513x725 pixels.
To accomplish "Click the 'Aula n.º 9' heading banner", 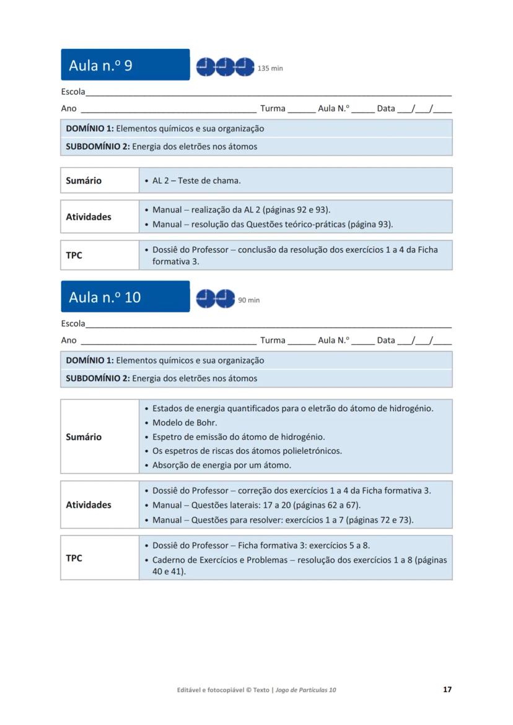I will (x=125, y=65).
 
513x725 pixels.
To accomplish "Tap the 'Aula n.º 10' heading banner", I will (x=125, y=297).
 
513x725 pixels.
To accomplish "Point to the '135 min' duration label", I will (x=270, y=68).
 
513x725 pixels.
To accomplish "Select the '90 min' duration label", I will (x=249, y=300).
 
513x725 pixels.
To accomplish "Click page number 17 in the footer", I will (x=447, y=689).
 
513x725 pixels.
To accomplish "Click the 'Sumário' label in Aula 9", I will (x=84, y=181).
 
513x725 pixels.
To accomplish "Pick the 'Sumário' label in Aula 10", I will (x=84, y=437).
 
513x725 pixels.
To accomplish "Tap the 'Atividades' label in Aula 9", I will (x=89, y=217).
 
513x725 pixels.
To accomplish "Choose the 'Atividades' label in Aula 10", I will (x=89, y=505).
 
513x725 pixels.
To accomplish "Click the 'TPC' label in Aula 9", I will (x=74, y=255).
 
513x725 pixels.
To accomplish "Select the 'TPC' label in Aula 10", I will (x=74, y=558).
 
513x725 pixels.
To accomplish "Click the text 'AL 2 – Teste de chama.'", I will (x=196, y=181).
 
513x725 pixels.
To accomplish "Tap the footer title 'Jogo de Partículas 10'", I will (x=305, y=690).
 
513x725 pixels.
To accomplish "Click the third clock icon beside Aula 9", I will (x=245, y=66).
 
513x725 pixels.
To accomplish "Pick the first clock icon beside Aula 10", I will (x=206, y=298).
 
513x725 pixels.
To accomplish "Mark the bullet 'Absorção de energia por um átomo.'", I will (x=221, y=465).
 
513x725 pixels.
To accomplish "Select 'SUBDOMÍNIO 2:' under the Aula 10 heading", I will (x=98, y=378).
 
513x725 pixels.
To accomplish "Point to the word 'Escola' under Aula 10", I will (x=73, y=324).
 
